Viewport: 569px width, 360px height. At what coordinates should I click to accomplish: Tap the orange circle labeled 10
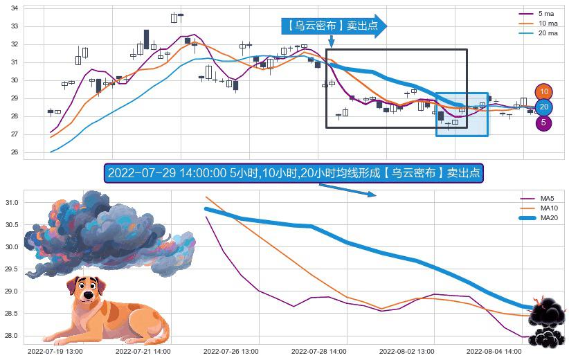click(544, 92)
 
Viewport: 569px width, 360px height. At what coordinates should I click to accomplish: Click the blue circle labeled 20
click(544, 107)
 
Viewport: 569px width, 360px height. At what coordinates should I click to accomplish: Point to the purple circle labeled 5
click(544, 123)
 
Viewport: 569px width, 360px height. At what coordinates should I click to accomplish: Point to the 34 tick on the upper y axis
click(15, 8)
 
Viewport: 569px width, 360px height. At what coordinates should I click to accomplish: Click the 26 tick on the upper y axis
click(15, 152)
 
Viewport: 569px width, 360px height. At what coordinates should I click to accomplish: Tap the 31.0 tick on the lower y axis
click(12, 203)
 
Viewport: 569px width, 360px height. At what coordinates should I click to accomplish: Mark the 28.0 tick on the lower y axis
click(12, 336)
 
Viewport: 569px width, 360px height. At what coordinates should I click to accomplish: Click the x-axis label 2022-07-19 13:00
click(55, 352)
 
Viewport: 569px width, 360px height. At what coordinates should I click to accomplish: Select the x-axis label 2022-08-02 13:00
click(408, 352)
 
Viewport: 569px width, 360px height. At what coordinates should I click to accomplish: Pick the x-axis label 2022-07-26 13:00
click(231, 352)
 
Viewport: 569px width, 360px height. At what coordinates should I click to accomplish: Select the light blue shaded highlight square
click(462, 114)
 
